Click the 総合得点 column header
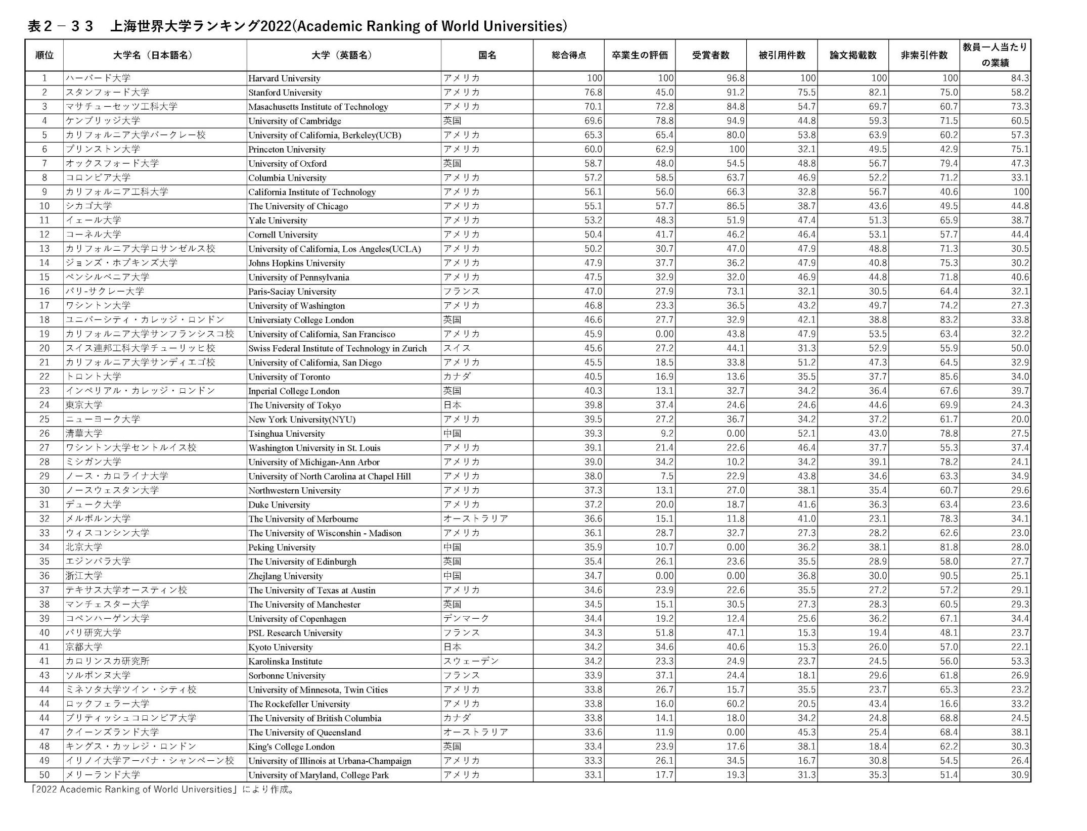(x=569, y=55)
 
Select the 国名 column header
(x=487, y=55)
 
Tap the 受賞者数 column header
(x=710, y=55)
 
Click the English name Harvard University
(x=284, y=78)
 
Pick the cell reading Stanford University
(x=285, y=93)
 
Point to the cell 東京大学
(x=84, y=405)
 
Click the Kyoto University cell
(x=281, y=647)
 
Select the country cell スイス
(x=457, y=348)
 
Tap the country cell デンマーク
(x=466, y=619)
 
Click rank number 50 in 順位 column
(x=44, y=775)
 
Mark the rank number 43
(x=44, y=675)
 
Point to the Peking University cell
(x=282, y=547)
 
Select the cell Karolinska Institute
(x=285, y=661)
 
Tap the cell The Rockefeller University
(x=299, y=704)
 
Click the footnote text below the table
(x=162, y=790)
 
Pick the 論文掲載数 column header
(x=853, y=55)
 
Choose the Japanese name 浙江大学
(x=84, y=576)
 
